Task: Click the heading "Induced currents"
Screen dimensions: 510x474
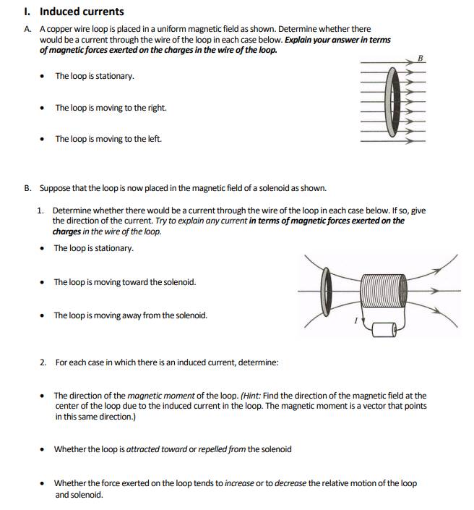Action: click(x=81, y=12)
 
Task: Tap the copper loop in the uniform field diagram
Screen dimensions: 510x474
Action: click(x=391, y=101)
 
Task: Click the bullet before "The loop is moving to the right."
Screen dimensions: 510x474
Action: click(x=45, y=109)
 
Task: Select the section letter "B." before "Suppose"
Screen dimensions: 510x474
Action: click(x=27, y=188)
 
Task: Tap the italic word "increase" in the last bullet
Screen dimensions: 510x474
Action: click(x=239, y=483)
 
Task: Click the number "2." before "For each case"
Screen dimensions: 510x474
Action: click(x=43, y=362)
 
